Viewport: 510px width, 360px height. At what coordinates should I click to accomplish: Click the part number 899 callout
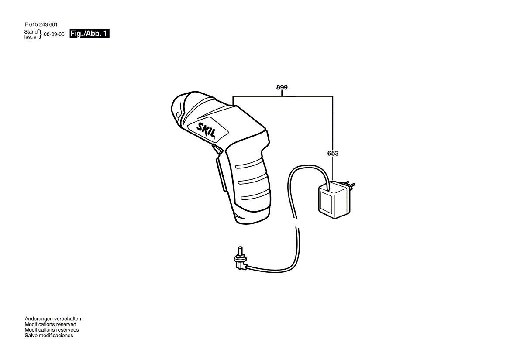pyautogui.click(x=282, y=87)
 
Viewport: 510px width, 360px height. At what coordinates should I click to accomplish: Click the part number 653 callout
pyautogui.click(x=333, y=153)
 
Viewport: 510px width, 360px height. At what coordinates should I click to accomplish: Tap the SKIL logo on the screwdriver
pyautogui.click(x=207, y=130)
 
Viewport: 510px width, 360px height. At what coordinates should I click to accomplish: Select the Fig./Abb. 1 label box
pyautogui.click(x=90, y=34)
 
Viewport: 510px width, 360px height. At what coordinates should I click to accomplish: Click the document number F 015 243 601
pyautogui.click(x=41, y=25)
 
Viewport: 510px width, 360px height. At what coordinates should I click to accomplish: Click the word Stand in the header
pyautogui.click(x=31, y=32)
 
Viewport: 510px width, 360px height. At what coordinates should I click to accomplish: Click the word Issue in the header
pyautogui.click(x=31, y=37)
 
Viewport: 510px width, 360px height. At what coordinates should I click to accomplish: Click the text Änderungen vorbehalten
pyautogui.click(x=53, y=319)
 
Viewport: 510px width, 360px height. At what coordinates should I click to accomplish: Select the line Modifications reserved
pyautogui.click(x=50, y=325)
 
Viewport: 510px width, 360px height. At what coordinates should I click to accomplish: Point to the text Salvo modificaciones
pyautogui.click(x=49, y=336)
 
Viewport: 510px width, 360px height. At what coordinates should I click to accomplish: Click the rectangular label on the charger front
pyautogui.click(x=327, y=202)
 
